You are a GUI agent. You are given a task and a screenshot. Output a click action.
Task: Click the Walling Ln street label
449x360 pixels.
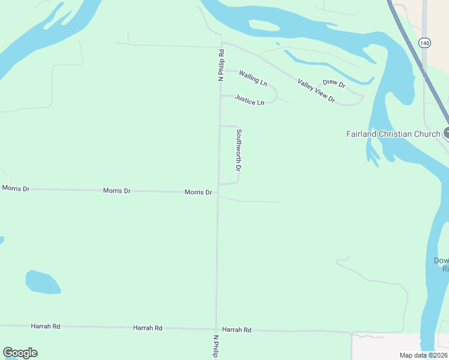click(253, 77)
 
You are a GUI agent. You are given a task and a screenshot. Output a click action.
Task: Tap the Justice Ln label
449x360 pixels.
click(249, 100)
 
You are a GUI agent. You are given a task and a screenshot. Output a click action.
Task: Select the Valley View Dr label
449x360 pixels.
click(316, 91)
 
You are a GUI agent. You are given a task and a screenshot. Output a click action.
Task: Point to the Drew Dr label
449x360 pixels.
click(334, 83)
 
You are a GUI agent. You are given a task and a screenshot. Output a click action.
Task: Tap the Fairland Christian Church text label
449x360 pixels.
click(393, 134)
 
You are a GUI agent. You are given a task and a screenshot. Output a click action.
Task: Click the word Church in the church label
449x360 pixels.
click(427, 134)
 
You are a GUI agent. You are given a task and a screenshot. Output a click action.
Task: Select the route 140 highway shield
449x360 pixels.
click(425, 43)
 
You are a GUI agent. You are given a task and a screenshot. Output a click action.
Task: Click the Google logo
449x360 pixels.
click(20, 353)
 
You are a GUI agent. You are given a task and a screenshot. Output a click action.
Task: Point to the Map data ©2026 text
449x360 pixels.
click(423, 356)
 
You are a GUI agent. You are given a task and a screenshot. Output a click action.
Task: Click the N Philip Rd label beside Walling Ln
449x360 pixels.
click(221, 65)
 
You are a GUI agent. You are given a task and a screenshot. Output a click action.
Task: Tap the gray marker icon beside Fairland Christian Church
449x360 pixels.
click(447, 133)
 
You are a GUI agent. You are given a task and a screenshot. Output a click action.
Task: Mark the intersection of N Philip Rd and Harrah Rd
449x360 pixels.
click(216, 329)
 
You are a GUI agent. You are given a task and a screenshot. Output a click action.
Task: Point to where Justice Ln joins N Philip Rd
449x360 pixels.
click(220, 95)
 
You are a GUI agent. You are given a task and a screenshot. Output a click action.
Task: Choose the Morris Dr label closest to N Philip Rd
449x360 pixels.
click(198, 192)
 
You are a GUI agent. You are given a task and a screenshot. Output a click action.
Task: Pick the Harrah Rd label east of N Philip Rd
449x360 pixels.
click(237, 330)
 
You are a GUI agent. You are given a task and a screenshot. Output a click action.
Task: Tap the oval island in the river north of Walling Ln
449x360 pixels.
click(264, 26)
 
